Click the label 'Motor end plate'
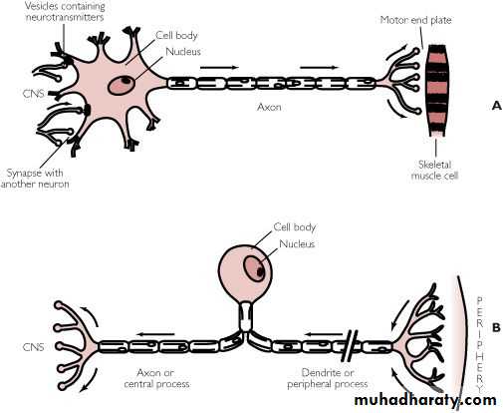click(x=415, y=20)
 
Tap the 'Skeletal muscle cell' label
click(x=434, y=170)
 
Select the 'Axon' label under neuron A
click(x=269, y=107)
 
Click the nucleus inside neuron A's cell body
click(x=122, y=85)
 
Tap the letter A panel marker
click(x=497, y=106)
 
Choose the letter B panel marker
click(x=496, y=328)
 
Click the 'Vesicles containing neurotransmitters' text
click(x=65, y=11)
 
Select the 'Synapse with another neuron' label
click(x=35, y=179)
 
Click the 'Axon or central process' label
click(x=156, y=378)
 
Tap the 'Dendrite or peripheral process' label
click(x=328, y=378)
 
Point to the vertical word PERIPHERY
click(x=480, y=344)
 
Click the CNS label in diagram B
click(x=33, y=347)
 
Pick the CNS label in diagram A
click(x=33, y=94)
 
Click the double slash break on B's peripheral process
click(x=350, y=346)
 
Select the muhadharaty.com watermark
click(x=425, y=399)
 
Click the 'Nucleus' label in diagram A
click(x=183, y=52)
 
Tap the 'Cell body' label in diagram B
click(x=294, y=227)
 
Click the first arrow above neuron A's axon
click(x=219, y=68)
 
